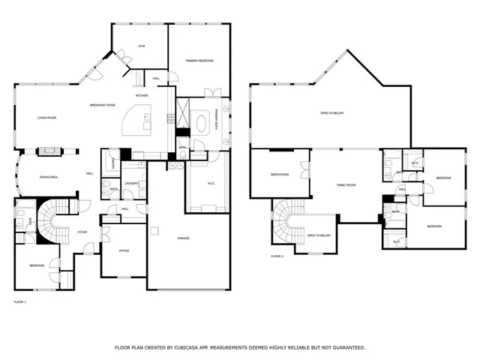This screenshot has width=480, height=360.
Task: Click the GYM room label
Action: pos(140,46)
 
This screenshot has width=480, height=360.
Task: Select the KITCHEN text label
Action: pos(142,96)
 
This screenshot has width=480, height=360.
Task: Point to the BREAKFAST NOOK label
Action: pos(103,105)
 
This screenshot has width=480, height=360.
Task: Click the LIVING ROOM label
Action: pos(47,118)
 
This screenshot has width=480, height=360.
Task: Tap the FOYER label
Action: pos(82,232)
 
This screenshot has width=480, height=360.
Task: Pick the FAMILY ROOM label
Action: pos(346,184)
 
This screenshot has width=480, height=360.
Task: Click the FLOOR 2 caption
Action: pos(277,256)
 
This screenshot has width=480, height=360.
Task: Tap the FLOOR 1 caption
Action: pos(20,301)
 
